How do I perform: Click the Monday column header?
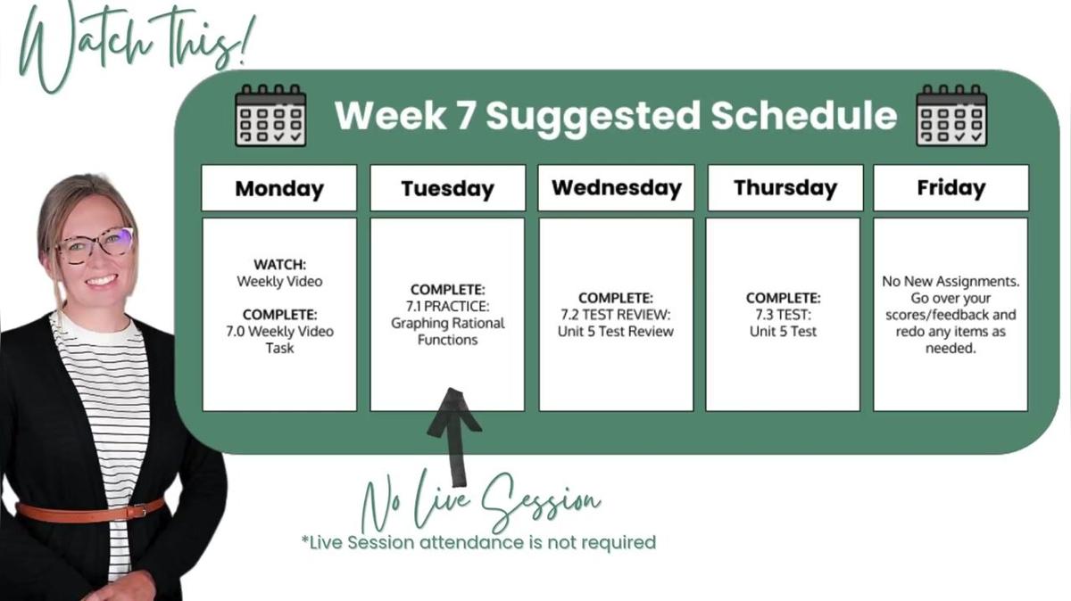pyautogui.click(x=279, y=188)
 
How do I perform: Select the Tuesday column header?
pyautogui.click(x=447, y=188)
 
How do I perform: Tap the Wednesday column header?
pyautogui.click(x=617, y=188)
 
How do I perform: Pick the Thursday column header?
pyautogui.click(x=785, y=188)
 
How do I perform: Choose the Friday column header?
pyautogui.click(x=951, y=188)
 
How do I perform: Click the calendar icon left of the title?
pyautogui.click(x=270, y=115)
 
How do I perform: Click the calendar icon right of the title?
pyautogui.click(x=951, y=115)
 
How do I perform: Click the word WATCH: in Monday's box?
pyautogui.click(x=279, y=264)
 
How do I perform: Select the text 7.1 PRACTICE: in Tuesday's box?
pyautogui.click(x=447, y=306)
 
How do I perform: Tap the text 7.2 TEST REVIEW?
pyautogui.click(x=616, y=315)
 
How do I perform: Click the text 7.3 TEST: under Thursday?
pyautogui.click(x=784, y=315)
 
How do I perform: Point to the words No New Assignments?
pyautogui.click(x=951, y=282)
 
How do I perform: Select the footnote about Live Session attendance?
pyautogui.click(x=478, y=543)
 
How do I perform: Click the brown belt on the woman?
pyautogui.click(x=91, y=511)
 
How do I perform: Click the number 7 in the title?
pyautogui.click(x=465, y=116)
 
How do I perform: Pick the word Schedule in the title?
pyautogui.click(x=804, y=116)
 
